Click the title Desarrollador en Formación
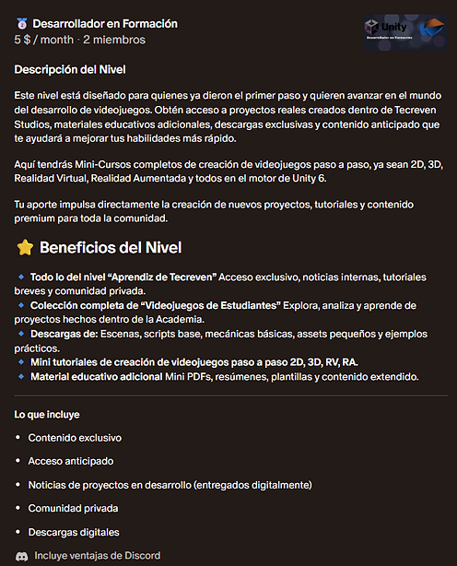pyautogui.click(x=105, y=24)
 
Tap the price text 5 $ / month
pyautogui.click(x=43, y=41)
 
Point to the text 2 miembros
pyautogui.click(x=114, y=41)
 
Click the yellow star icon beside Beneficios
pyautogui.click(x=24, y=248)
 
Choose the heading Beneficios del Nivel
pyautogui.click(x=111, y=248)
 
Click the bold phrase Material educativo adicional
pyautogui.click(x=96, y=376)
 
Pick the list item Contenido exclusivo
pyautogui.click(x=75, y=438)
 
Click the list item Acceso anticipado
pyautogui.click(x=71, y=462)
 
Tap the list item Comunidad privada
pyautogui.click(x=73, y=509)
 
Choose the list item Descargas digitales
pyautogui.click(x=74, y=533)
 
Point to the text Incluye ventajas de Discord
pyautogui.click(x=97, y=556)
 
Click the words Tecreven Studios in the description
pyautogui.click(x=405, y=112)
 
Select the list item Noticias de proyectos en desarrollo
pyautogui.click(x=170, y=485)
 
